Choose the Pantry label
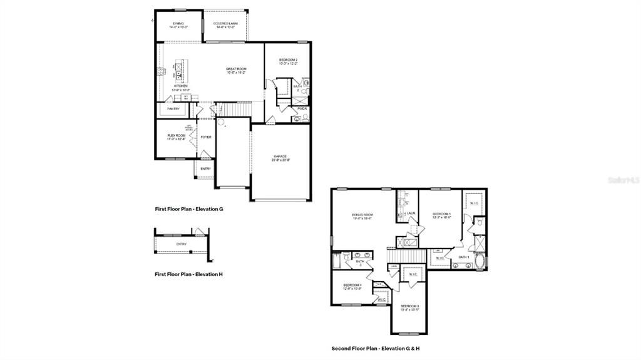(x=173, y=109)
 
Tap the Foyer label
(x=206, y=136)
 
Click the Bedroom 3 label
(x=409, y=307)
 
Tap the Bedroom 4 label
(x=352, y=286)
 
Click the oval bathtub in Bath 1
(x=481, y=261)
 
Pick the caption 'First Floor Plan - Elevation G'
(x=189, y=209)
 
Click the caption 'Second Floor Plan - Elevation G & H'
(x=380, y=348)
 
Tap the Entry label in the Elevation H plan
(x=181, y=244)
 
